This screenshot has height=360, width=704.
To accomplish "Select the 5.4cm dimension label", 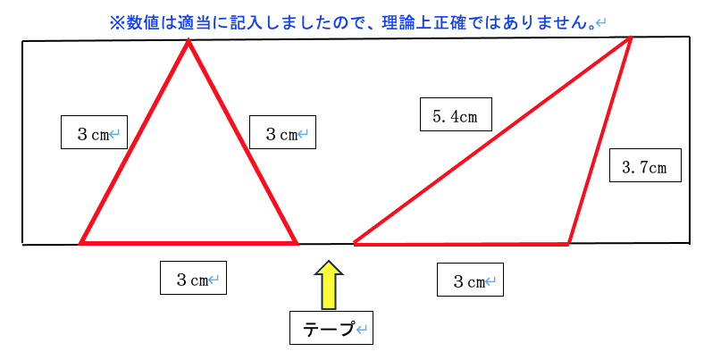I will point(456,115).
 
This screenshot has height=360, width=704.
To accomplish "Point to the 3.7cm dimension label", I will point(644,165).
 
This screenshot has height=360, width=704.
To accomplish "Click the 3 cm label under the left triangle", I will point(193,279).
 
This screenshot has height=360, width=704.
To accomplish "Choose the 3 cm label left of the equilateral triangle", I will point(93,133).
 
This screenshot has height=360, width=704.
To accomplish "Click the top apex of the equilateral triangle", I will point(188,41).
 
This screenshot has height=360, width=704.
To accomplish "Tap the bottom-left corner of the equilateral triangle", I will point(81,242).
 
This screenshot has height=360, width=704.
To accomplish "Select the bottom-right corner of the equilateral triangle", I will point(296,242).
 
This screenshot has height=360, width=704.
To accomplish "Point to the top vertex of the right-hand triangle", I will point(631,38).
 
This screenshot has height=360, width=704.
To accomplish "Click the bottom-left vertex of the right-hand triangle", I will point(355,243).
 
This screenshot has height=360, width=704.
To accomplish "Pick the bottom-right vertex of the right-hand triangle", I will point(569,243).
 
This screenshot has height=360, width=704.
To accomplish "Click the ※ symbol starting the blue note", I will point(115,20).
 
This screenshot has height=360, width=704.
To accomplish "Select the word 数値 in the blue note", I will point(138,20).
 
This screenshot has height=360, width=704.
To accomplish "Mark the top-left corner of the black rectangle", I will point(22,41).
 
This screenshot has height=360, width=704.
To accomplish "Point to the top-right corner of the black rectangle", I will point(690,37).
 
